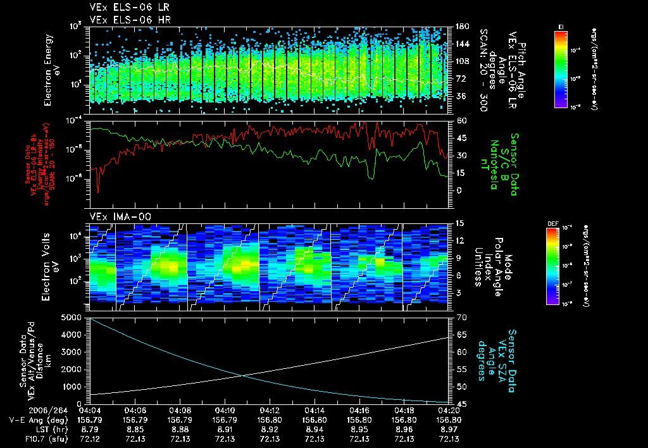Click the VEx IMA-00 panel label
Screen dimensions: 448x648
point(114,216)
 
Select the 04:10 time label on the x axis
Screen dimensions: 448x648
point(225,411)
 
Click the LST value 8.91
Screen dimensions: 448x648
point(225,429)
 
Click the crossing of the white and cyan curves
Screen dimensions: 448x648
point(244,376)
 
